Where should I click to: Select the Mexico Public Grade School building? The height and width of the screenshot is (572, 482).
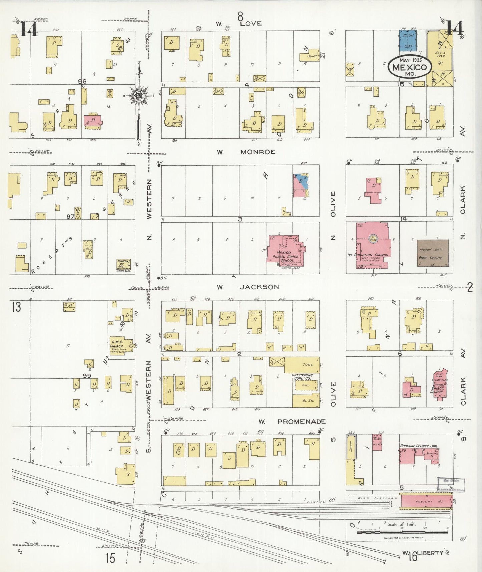[285, 252]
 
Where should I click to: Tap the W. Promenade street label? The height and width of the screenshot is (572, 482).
[292, 422]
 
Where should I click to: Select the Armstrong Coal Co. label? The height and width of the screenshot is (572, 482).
[302, 377]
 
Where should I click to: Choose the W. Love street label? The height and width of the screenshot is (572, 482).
[239, 24]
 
